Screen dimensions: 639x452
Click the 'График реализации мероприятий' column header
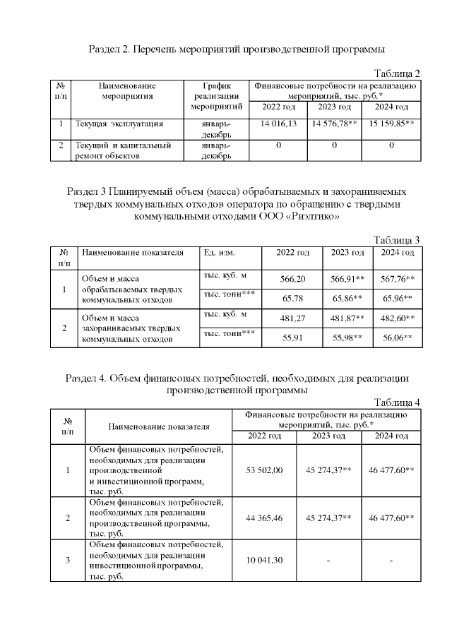pos(217,96)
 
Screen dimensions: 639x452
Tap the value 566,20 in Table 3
pos(292,279)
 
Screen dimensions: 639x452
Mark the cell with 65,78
pos(292,299)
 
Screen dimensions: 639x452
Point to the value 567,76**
pos(398,279)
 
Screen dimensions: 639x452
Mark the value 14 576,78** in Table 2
pos(334,124)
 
